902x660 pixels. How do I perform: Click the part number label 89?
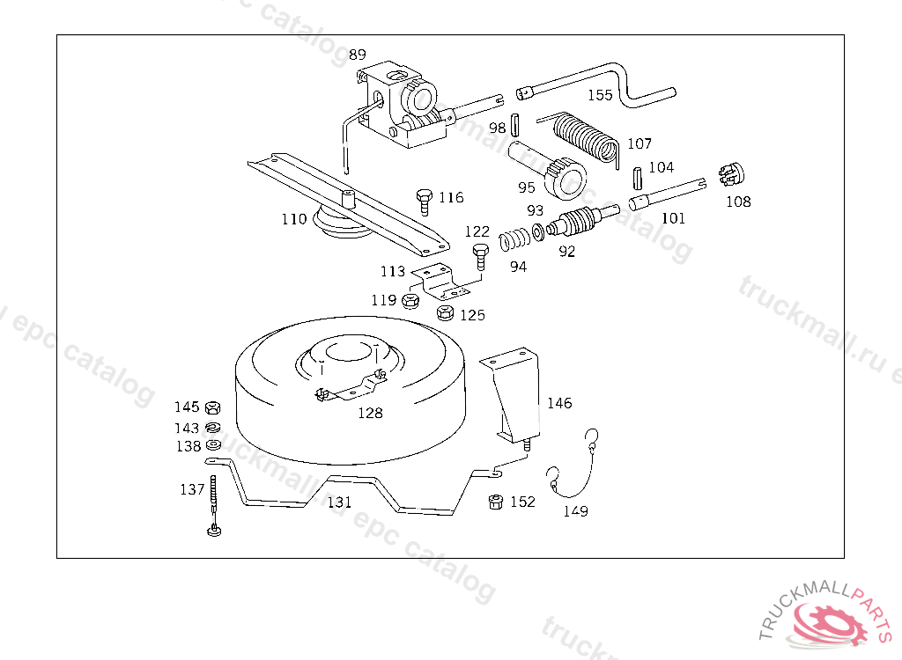(x=357, y=55)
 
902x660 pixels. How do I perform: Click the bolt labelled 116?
(x=424, y=200)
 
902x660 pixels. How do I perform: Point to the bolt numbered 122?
(x=479, y=257)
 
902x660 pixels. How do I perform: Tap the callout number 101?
(x=673, y=218)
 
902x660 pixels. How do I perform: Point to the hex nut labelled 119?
(x=410, y=301)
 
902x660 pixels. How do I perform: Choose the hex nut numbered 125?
(x=445, y=312)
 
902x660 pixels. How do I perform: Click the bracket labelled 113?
(x=440, y=280)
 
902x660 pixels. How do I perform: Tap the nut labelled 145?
(x=212, y=407)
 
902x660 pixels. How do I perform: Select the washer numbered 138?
(x=212, y=445)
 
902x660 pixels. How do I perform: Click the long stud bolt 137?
(x=214, y=506)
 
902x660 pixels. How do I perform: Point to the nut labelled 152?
(x=495, y=502)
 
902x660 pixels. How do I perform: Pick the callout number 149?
(x=576, y=511)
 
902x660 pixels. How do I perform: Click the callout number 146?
(x=559, y=403)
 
